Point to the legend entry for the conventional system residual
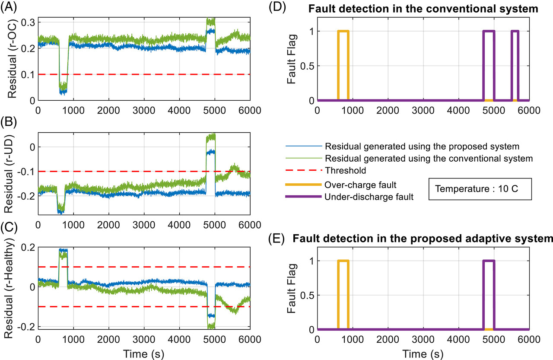pos(429,158)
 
